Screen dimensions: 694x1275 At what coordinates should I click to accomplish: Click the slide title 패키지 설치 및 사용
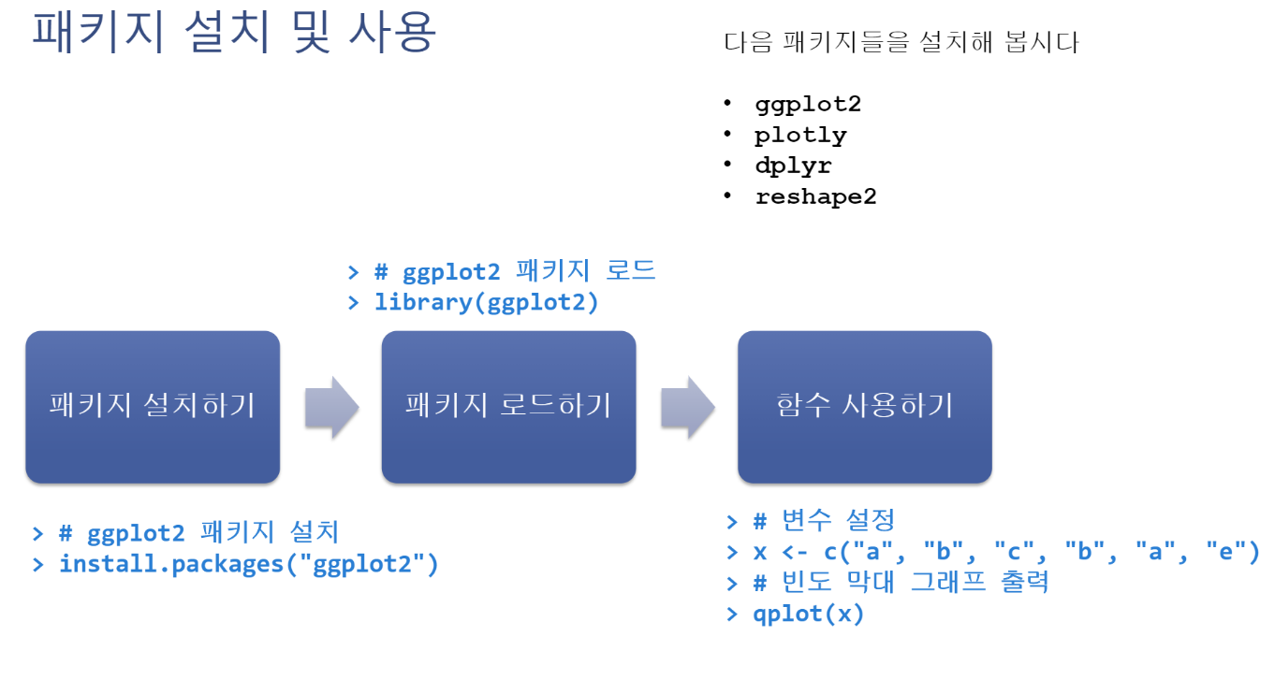pyautogui.click(x=234, y=33)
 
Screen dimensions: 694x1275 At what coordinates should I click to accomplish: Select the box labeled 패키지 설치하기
pyautogui.click(x=153, y=407)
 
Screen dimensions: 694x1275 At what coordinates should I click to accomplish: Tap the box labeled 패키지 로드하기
pyautogui.click(x=508, y=407)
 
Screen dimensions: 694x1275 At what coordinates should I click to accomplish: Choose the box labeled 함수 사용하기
pyautogui.click(x=864, y=407)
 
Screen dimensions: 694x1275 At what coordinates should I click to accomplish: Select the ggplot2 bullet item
pyautogui.click(x=807, y=104)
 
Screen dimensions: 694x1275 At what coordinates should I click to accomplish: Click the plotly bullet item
pyautogui.click(x=800, y=135)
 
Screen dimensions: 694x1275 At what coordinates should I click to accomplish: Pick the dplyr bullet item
pyautogui.click(x=793, y=166)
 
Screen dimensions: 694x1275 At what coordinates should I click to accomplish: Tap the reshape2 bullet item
pyautogui.click(x=815, y=196)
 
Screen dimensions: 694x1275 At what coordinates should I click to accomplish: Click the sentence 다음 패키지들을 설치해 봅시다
pyautogui.click(x=901, y=43)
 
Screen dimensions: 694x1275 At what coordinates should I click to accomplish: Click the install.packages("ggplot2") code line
pyautogui.click(x=248, y=564)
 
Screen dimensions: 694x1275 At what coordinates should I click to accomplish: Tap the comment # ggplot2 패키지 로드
pyautogui.click(x=515, y=271)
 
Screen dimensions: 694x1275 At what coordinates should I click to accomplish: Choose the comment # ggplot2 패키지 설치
pyautogui.click(x=198, y=533)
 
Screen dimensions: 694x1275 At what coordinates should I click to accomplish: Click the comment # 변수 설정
pyautogui.click(x=824, y=519)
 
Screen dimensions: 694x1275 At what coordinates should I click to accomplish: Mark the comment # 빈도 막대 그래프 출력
pyautogui.click(x=901, y=583)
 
